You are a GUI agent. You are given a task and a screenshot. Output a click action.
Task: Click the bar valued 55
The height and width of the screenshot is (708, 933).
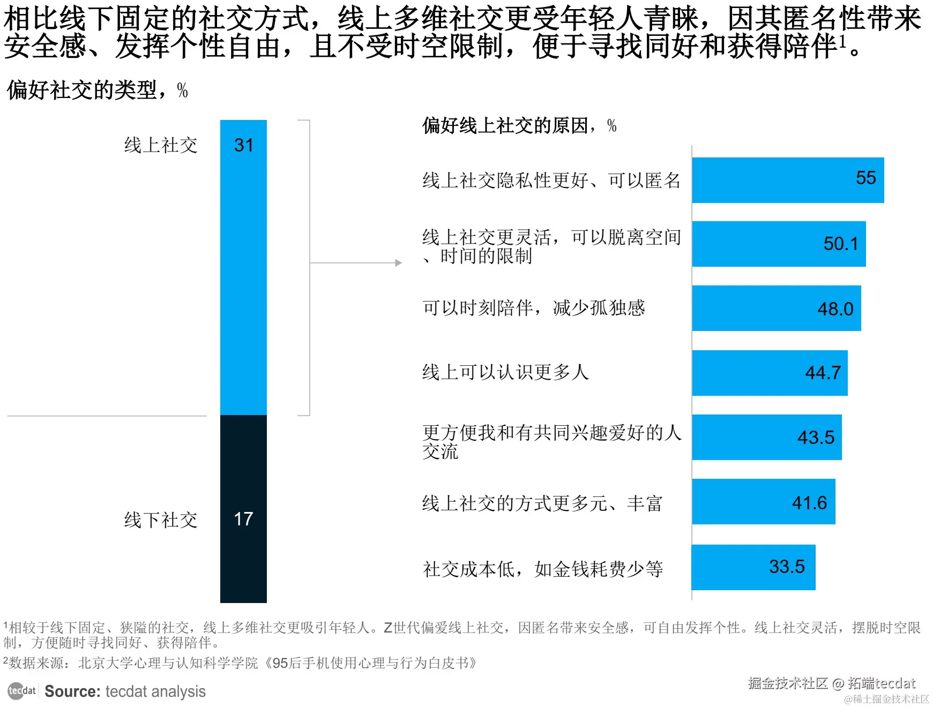[788, 180]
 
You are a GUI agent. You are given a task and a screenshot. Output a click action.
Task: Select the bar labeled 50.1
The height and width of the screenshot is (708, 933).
[779, 244]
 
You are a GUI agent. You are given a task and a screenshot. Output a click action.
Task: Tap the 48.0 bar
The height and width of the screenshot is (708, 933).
[776, 308]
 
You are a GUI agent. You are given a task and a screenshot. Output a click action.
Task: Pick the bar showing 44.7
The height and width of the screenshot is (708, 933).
[770, 373]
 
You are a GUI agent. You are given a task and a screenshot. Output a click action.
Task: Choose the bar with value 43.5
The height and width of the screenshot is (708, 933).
[766, 437]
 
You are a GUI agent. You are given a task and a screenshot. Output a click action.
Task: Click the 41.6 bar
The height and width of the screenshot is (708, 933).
[763, 501]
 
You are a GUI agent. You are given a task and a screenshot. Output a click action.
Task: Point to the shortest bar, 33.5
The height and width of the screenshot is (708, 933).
[753, 567]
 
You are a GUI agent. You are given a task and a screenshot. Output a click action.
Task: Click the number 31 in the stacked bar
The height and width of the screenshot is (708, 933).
[243, 145]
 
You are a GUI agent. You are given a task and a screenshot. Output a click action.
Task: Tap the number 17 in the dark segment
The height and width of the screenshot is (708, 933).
[243, 518]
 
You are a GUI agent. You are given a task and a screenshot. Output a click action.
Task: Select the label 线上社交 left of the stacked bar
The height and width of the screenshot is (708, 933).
[161, 145]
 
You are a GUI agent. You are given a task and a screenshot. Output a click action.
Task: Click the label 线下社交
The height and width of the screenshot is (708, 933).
[161, 519]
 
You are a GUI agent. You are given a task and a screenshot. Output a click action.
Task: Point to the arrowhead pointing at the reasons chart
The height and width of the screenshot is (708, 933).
[398, 263]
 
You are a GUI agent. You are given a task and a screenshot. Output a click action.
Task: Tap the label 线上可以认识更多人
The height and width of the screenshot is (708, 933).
[505, 372]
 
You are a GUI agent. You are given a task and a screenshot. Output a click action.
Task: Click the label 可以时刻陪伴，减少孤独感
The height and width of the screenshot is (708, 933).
[534, 308]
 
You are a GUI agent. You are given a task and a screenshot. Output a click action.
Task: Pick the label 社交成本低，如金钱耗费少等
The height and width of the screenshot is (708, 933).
[543, 569]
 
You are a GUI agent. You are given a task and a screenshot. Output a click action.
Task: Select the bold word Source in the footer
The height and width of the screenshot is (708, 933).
[72, 691]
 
